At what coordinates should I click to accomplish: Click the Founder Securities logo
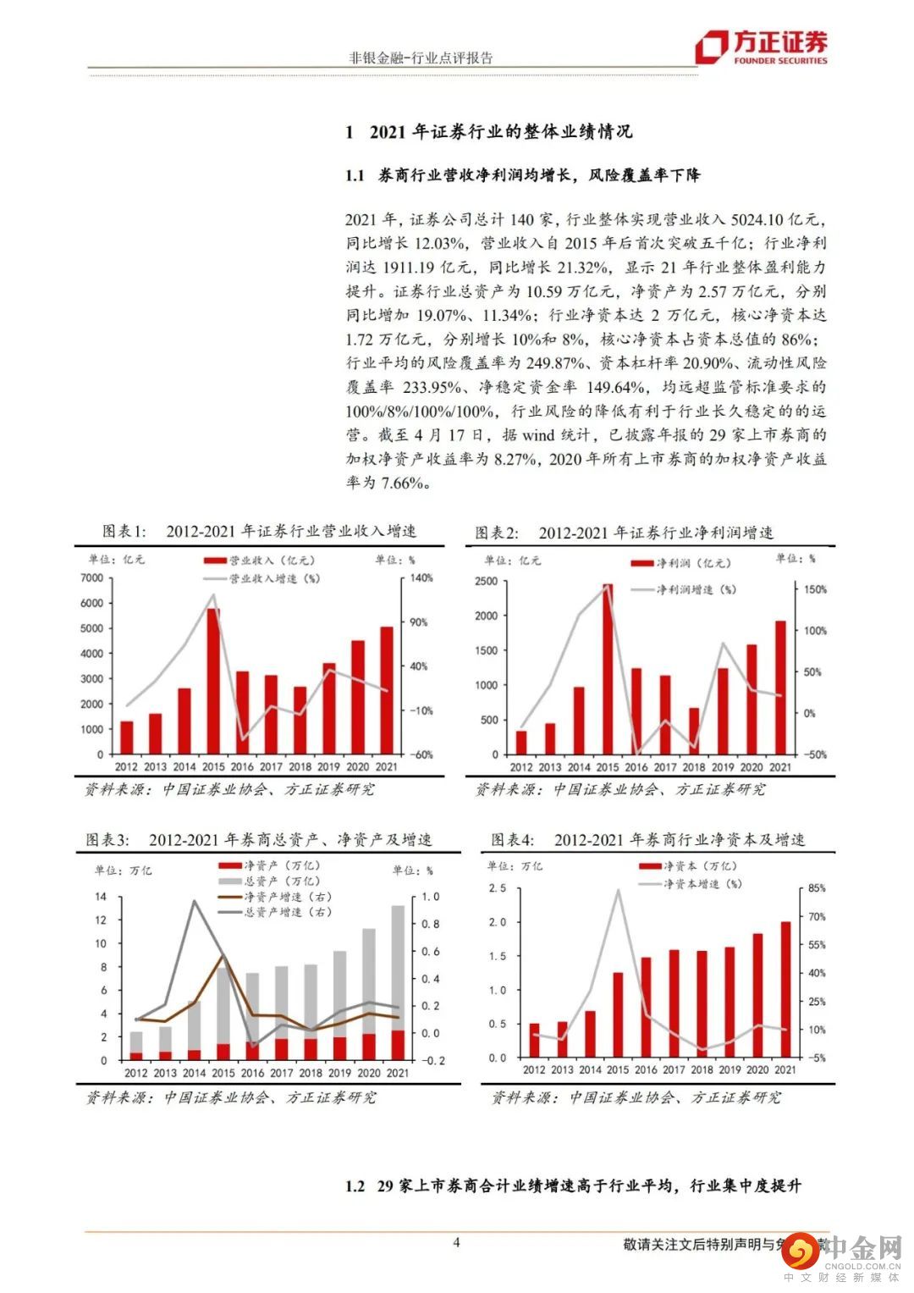(x=762, y=47)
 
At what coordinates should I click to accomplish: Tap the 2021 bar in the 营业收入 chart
(x=386, y=690)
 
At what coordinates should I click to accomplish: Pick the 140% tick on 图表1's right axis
(x=421, y=578)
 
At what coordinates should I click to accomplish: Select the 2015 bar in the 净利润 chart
(x=608, y=669)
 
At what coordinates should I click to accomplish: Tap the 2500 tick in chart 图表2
(x=486, y=581)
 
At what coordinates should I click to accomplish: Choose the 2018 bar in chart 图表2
(x=694, y=731)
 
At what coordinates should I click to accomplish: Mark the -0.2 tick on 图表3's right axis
(x=430, y=1060)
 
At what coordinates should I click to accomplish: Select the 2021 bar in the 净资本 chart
(x=785, y=990)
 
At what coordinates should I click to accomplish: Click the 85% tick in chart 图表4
(x=817, y=888)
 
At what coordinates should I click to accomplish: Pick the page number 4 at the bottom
(x=457, y=1243)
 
